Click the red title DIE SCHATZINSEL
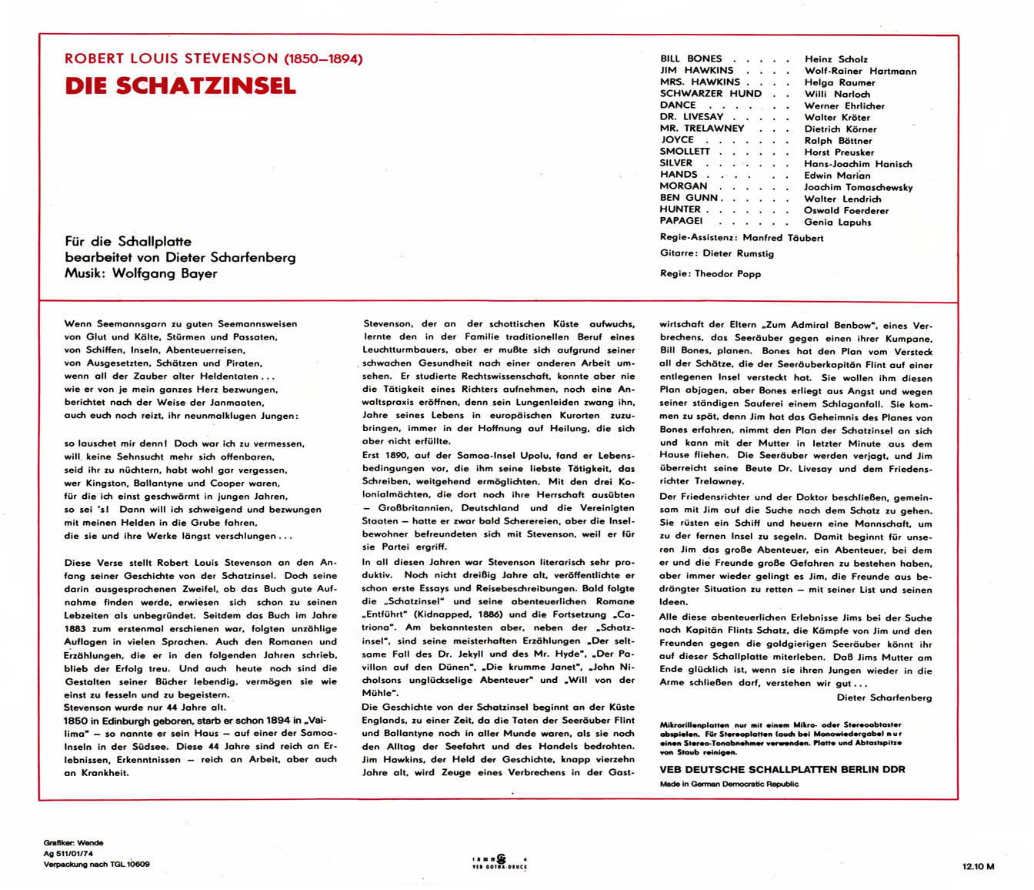pos(180,85)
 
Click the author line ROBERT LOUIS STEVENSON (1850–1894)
pos(213,59)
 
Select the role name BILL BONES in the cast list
pos(691,59)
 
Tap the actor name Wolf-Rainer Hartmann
pos(860,71)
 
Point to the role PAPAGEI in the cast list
pos(681,221)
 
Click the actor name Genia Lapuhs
pos(838,222)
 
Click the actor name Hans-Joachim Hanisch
pos(858,164)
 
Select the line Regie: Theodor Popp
pos(710,273)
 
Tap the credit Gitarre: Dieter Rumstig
pos(717,253)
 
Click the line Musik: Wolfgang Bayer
pos(141,273)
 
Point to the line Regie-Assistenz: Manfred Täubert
pos(741,238)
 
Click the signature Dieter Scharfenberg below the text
pos(884,698)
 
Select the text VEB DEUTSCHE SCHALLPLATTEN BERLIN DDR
pos(782,769)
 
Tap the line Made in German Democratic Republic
pos(729,784)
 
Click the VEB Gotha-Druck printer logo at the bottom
pos(500,862)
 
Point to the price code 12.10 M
pos(978,866)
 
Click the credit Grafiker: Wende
pos(73,843)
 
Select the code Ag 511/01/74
pos(68,854)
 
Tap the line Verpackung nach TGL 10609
pos(96,865)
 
